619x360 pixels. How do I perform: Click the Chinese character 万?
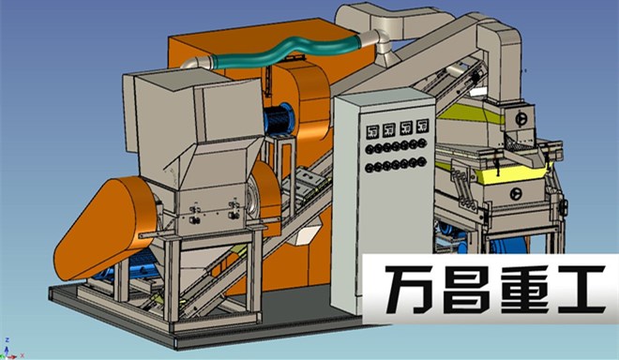click(412, 290)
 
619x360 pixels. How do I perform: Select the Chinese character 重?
click(522, 290)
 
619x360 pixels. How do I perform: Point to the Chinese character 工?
click(580, 290)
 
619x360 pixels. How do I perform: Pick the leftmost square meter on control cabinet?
click(372, 131)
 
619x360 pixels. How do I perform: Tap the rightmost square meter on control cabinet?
click(422, 125)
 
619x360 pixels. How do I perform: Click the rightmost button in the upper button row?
click(422, 142)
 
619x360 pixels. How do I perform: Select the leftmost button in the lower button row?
click(370, 168)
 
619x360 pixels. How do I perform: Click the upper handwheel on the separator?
click(521, 118)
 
